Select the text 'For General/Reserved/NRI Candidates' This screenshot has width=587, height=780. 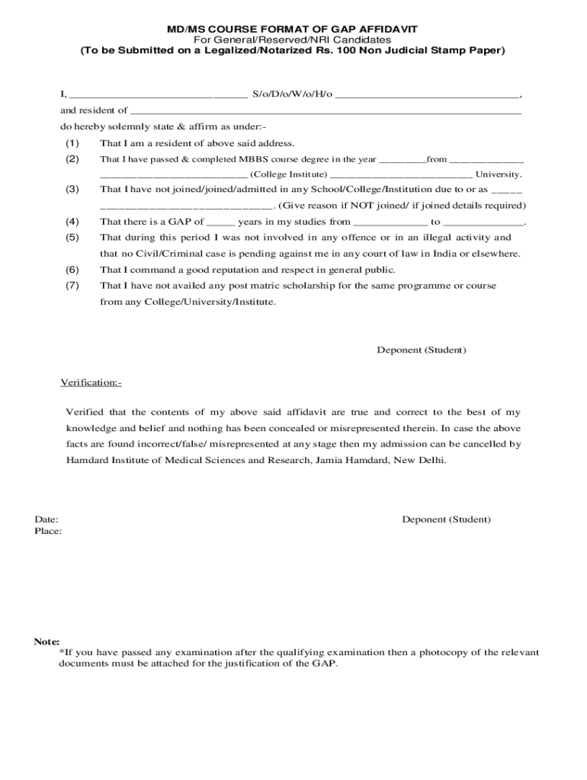point(292,40)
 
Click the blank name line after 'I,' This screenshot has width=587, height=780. point(157,95)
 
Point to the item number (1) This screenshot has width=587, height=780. point(72,143)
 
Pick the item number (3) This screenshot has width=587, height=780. point(72,189)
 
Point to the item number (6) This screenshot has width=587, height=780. point(72,270)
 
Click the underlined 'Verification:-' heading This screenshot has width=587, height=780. point(91,382)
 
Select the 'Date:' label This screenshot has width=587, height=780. point(47,519)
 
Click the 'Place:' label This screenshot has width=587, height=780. point(48,531)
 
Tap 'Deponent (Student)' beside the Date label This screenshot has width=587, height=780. point(446,519)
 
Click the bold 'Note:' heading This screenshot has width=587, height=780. point(47,641)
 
